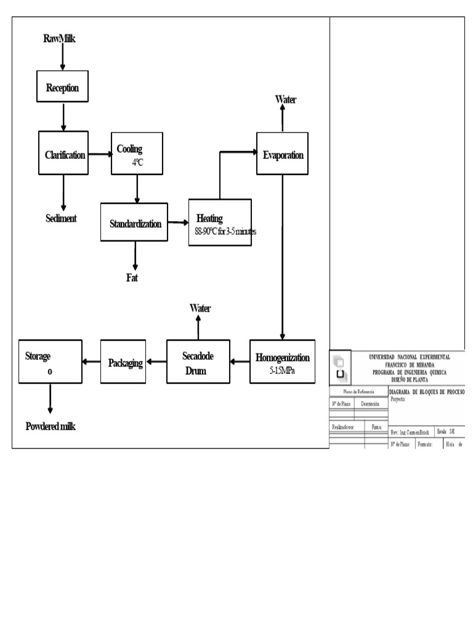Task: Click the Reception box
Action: click(62, 88)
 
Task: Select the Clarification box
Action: click(63, 154)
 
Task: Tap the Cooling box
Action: click(137, 153)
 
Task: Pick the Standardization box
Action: click(134, 222)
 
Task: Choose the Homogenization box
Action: click(282, 361)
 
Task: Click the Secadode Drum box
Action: click(198, 362)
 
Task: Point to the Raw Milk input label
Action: click(59, 39)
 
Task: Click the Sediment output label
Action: click(61, 218)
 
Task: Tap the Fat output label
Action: click(132, 278)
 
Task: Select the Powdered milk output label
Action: click(51, 426)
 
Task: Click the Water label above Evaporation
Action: click(285, 99)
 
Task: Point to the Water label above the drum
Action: click(200, 308)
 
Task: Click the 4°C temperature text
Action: click(137, 163)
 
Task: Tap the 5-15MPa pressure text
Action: click(282, 371)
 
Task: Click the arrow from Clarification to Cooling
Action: click(99, 154)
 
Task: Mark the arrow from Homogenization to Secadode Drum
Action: click(240, 362)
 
